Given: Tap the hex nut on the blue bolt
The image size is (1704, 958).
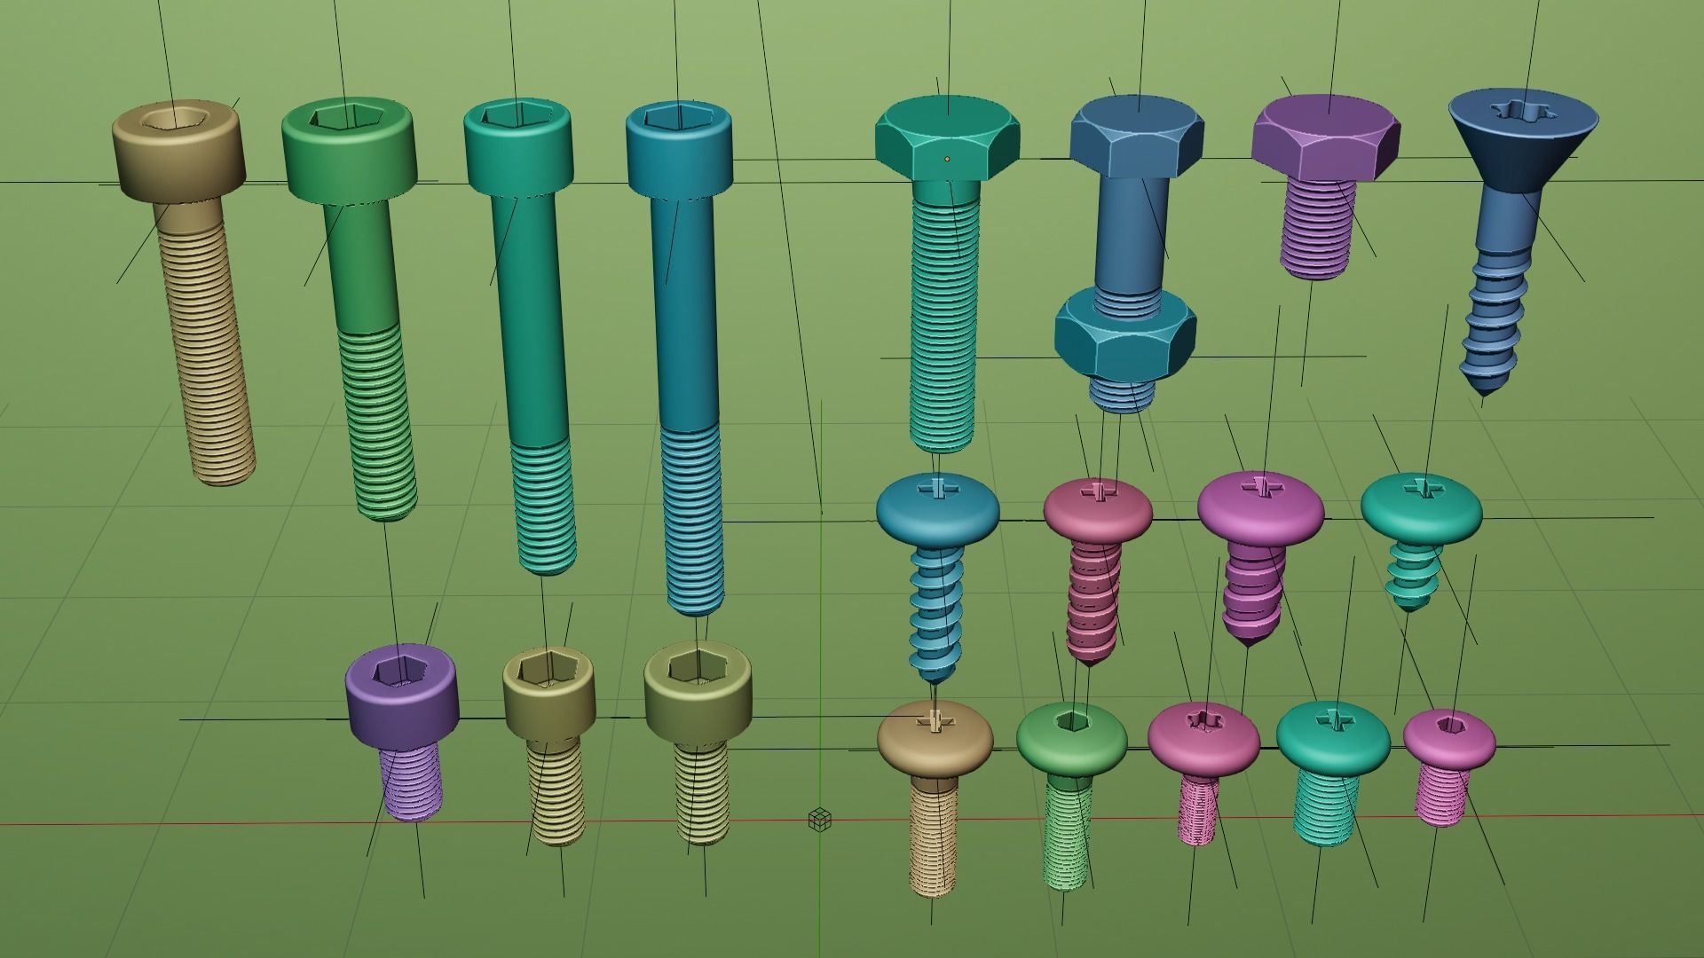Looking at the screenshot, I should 1125,335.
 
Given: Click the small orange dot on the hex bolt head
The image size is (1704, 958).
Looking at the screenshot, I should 947,160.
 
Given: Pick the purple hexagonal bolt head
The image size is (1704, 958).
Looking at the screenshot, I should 1326,138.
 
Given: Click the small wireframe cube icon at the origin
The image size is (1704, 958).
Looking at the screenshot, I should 820,820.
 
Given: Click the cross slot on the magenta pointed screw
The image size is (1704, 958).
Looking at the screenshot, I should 1258,486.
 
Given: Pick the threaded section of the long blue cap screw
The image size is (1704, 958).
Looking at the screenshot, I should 693,519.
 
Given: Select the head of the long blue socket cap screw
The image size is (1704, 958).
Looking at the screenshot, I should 679,146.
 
